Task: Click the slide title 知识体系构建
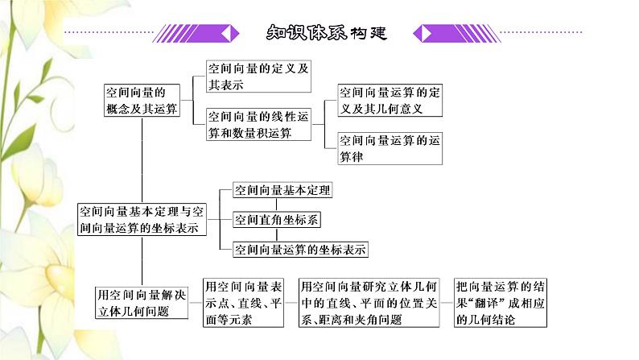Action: [x=326, y=33]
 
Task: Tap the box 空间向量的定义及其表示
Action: [x=258, y=77]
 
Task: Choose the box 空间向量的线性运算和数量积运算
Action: [x=258, y=124]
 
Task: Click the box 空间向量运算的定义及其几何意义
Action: [x=390, y=100]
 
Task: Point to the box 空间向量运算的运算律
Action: [x=390, y=148]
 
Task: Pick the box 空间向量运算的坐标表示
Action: [x=299, y=249]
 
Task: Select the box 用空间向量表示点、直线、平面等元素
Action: [x=243, y=302]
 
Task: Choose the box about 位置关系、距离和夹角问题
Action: [x=369, y=302]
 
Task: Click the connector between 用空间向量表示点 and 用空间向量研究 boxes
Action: [x=291, y=303]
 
